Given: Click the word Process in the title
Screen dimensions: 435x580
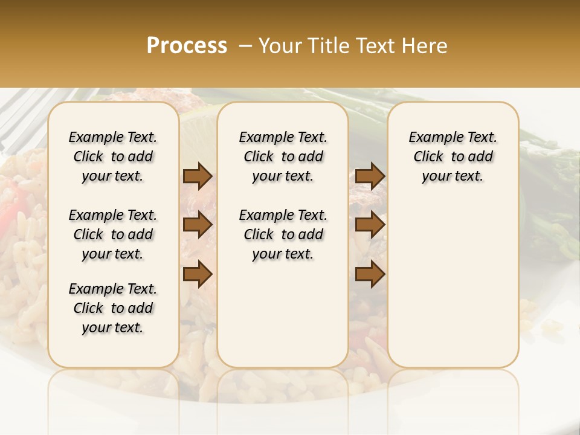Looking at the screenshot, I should click(x=187, y=46).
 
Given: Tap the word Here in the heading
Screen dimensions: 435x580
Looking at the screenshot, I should click(x=427, y=46).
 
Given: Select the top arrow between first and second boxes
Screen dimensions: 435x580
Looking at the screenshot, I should click(x=198, y=176).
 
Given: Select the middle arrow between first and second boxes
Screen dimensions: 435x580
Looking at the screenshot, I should click(x=198, y=225).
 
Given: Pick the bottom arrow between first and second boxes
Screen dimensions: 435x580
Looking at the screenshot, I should click(x=198, y=274).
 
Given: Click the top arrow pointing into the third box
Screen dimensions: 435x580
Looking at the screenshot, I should click(x=370, y=176).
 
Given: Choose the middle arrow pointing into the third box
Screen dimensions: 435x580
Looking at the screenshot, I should click(x=370, y=225).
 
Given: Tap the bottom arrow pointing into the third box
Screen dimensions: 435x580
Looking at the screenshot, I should click(x=370, y=274).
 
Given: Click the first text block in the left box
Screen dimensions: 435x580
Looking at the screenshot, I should click(x=113, y=156).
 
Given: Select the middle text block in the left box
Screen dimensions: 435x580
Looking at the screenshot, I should click(x=113, y=234).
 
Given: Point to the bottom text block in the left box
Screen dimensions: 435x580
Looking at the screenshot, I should click(x=113, y=308).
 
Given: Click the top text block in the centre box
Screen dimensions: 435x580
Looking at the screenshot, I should click(x=283, y=156).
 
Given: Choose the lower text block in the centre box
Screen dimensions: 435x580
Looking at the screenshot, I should click(x=283, y=234).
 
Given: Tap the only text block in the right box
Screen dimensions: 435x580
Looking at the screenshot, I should click(x=453, y=156).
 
